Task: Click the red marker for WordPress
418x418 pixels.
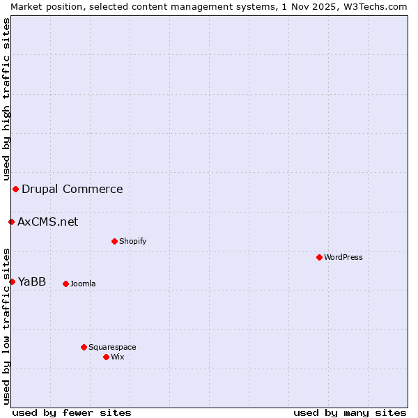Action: pyautogui.click(x=319, y=257)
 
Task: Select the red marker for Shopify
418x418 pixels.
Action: pyautogui.click(x=114, y=241)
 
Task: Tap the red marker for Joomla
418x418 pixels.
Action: pyautogui.click(x=65, y=284)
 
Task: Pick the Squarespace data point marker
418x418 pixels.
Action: pyautogui.click(x=84, y=347)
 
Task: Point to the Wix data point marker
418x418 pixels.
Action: pyautogui.click(x=106, y=357)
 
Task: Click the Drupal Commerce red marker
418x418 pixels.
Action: pyautogui.click(x=15, y=189)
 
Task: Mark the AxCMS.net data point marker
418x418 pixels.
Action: pyautogui.click(x=11, y=222)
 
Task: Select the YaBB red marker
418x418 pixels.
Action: pyautogui.click(x=12, y=281)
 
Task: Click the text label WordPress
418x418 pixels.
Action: pyautogui.click(x=343, y=257)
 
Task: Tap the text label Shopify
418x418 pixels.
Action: pyautogui.click(x=132, y=241)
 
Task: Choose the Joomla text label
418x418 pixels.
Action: pyautogui.click(x=83, y=284)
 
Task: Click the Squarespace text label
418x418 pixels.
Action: pyautogui.click(x=112, y=347)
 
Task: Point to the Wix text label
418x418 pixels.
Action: pyautogui.click(x=117, y=357)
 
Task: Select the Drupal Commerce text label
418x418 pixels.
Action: pyautogui.click(x=72, y=189)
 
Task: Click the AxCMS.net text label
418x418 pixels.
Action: pyautogui.click(x=48, y=222)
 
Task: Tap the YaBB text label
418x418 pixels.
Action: pyautogui.click(x=32, y=281)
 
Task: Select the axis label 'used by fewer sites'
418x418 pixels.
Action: pyautogui.click(x=72, y=412)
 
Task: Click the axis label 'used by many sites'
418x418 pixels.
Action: pyautogui.click(x=350, y=412)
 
